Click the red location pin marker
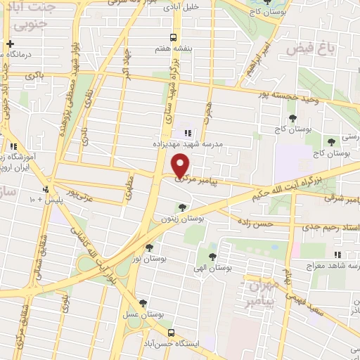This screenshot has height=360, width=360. point(181,165)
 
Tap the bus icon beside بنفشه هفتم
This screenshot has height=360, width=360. point(173,38)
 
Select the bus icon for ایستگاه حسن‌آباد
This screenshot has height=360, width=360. point(171,332)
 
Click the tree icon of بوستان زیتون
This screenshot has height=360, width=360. point(183,207)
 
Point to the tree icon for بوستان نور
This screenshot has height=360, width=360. point(148,247)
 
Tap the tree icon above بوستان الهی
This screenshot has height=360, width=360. point(212,257)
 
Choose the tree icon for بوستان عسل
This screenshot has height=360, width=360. point(143,304)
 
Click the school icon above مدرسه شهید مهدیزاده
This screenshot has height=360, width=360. point(187,132)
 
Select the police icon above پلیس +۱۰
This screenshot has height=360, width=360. point(46,189)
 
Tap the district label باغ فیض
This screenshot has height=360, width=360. point(308,49)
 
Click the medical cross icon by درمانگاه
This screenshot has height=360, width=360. point(9,44)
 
